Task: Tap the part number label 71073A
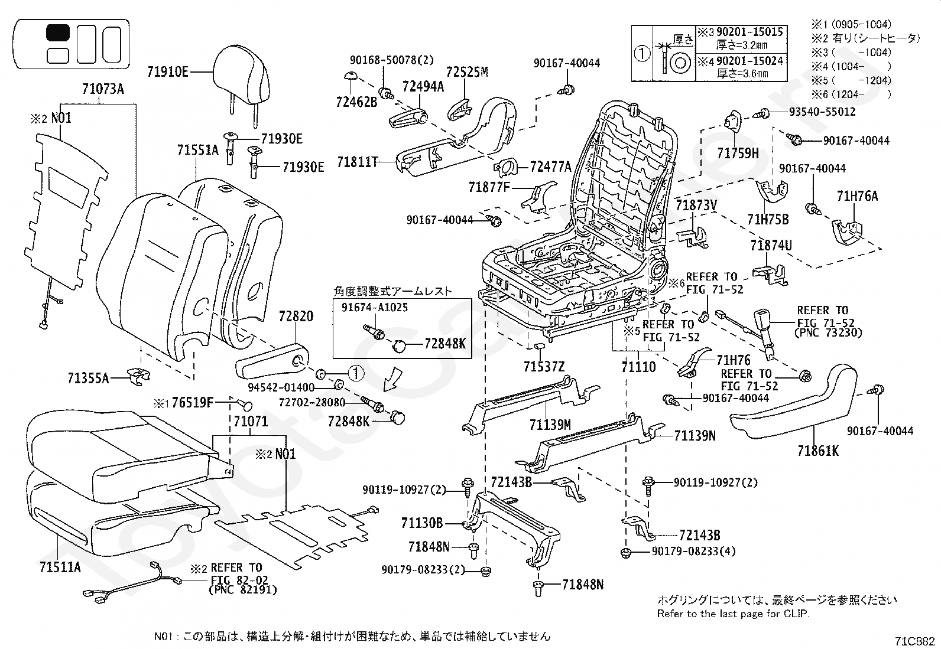(x=103, y=89)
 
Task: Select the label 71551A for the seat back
(x=198, y=150)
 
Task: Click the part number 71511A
(x=60, y=567)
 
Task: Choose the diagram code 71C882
(x=914, y=641)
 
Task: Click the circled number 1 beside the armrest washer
(x=356, y=373)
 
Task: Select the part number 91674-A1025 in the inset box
(x=375, y=307)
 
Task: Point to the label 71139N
(x=695, y=436)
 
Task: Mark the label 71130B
(x=422, y=523)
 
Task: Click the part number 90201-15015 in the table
(x=750, y=32)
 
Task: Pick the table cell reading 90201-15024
(x=750, y=61)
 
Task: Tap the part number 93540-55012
(x=822, y=112)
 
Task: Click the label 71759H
(x=738, y=153)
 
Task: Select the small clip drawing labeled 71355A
(x=138, y=376)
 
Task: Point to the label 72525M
(x=467, y=72)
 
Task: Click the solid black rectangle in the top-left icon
(x=57, y=32)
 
